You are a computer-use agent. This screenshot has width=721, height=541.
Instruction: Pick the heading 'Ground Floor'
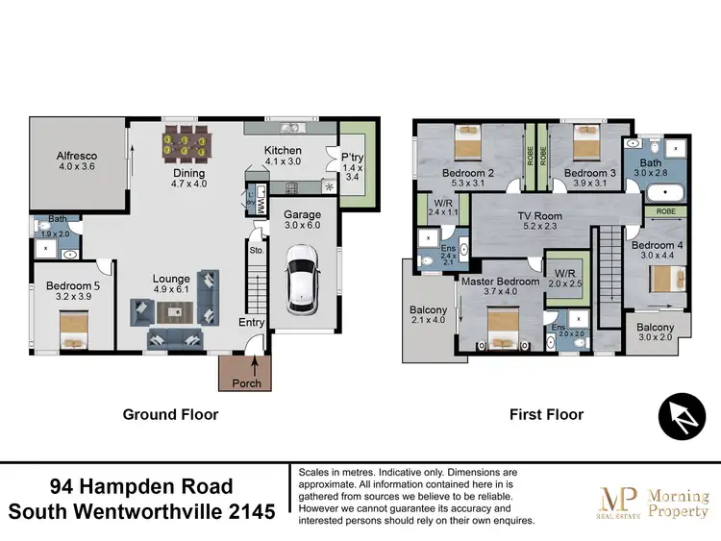point(170,415)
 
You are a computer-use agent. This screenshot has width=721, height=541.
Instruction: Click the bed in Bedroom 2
point(468,146)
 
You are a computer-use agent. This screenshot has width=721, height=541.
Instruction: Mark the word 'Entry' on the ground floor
point(252,323)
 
